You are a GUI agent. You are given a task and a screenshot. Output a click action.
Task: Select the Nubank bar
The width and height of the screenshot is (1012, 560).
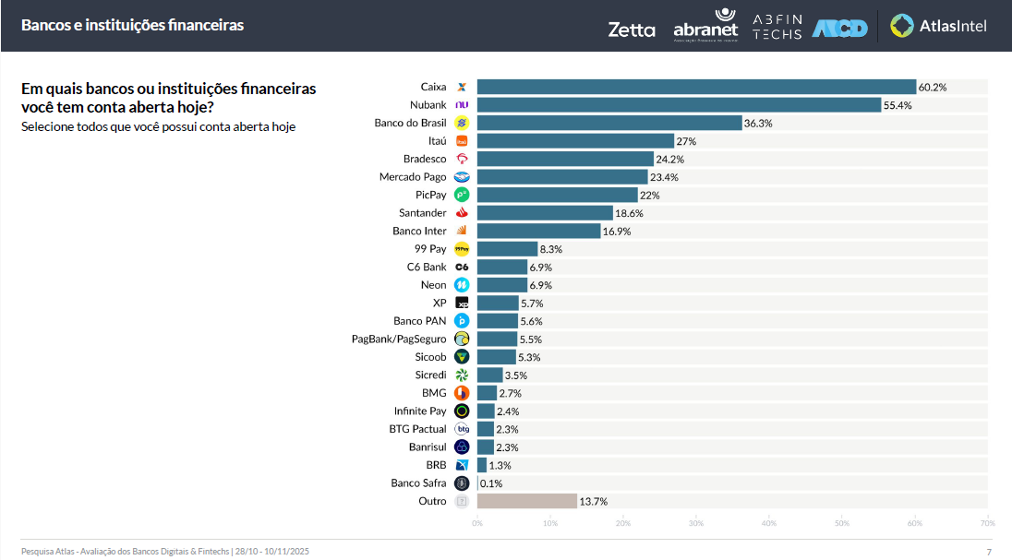tap(679, 105)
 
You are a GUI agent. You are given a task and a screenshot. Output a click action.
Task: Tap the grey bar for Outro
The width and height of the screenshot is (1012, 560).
tap(526, 501)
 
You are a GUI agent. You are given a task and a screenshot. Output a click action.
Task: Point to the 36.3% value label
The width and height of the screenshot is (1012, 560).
tap(759, 123)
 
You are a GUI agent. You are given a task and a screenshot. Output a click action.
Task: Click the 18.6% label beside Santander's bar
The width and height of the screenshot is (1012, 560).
tap(630, 213)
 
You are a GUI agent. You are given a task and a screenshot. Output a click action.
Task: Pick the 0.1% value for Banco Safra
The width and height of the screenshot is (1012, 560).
tap(491, 483)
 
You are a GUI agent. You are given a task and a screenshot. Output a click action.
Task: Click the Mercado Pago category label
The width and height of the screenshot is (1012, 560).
tap(413, 177)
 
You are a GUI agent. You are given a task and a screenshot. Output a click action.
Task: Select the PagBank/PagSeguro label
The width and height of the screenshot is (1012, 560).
tap(399, 340)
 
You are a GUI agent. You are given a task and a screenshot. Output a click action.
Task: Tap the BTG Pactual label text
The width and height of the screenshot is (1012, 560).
tap(417, 429)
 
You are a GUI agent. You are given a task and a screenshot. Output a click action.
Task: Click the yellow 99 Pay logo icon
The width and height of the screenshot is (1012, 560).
tap(463, 249)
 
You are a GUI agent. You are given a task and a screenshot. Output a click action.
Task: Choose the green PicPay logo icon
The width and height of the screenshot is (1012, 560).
tap(463, 195)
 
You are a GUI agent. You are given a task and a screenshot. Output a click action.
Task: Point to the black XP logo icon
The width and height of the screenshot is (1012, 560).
tap(463, 303)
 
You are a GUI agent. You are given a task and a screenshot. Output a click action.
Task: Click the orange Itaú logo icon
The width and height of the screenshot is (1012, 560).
tap(463, 141)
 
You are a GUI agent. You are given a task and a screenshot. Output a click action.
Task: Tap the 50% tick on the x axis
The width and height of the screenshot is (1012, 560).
tap(841, 523)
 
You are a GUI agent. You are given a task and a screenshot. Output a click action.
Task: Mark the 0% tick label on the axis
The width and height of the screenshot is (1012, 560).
tap(477, 523)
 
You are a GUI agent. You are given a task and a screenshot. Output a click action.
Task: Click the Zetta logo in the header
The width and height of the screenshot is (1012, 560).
tap(632, 30)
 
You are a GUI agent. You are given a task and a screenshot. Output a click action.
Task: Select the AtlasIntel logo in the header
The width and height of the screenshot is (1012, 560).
tap(939, 26)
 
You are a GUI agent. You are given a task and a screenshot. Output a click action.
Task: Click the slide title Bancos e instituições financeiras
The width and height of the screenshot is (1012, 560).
tap(132, 25)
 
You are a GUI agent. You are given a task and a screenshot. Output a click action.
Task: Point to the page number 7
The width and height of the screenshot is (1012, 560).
tap(989, 552)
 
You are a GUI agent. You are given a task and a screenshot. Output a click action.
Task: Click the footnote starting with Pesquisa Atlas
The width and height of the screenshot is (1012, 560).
tap(164, 551)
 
